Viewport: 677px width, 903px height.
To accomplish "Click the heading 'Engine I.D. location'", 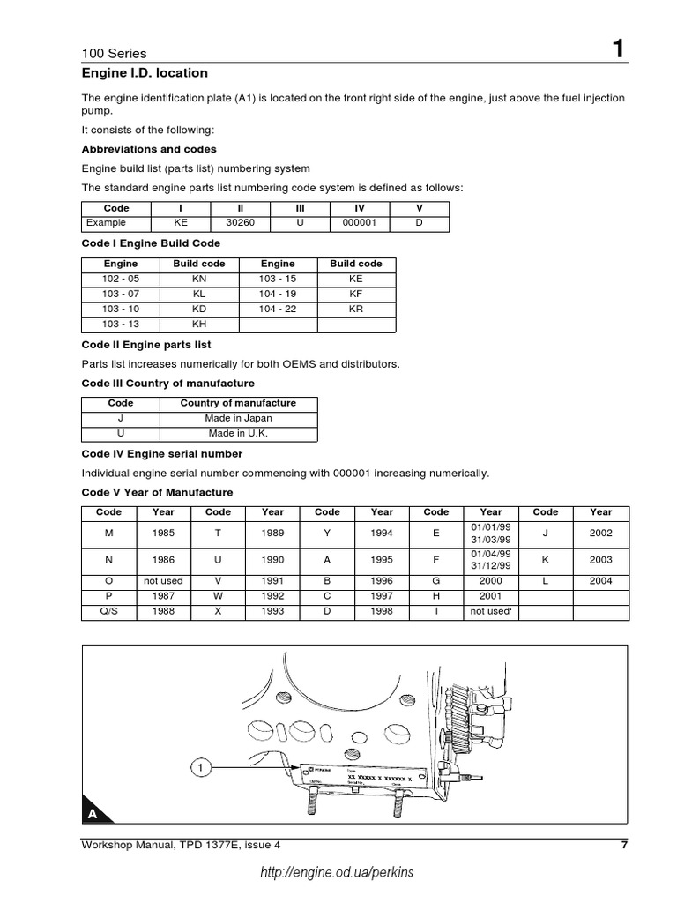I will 145,72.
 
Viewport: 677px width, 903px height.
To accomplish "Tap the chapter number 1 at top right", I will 620,50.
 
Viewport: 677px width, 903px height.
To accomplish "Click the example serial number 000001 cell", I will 359,223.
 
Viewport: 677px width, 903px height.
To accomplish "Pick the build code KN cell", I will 198,279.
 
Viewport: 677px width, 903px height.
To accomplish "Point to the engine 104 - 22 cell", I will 278,309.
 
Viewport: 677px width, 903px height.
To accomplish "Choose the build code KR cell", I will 355,309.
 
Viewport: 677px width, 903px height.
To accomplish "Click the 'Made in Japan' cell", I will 238,419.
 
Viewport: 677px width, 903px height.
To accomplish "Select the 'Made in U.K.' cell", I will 238,434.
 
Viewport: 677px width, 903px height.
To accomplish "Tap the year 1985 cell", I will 163,534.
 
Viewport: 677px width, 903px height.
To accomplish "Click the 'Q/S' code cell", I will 108,611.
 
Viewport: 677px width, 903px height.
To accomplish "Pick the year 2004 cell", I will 600,581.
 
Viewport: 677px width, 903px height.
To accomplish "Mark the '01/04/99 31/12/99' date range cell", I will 491,560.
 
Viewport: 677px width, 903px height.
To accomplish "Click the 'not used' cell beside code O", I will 163,581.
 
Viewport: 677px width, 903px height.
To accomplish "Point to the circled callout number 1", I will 201,769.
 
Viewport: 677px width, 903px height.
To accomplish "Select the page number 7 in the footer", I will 623,845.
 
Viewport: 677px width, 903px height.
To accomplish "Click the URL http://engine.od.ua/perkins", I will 337,872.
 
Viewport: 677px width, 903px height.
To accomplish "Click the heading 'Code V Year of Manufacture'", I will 157,492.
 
